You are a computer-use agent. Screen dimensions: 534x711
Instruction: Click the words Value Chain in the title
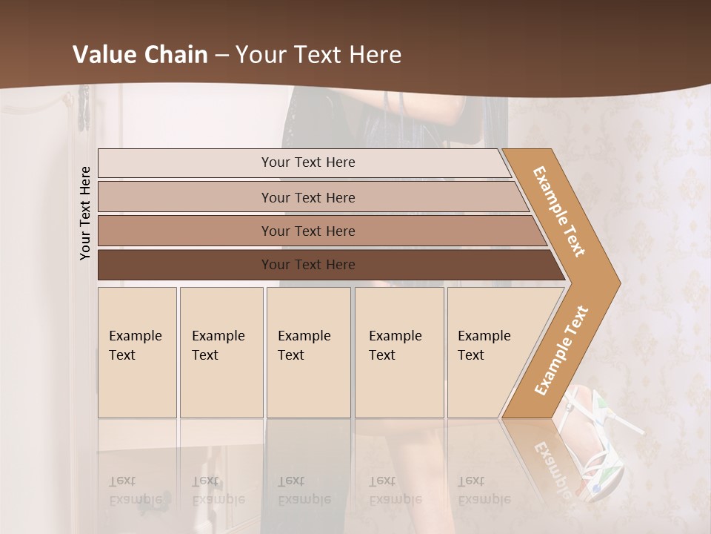tap(140, 55)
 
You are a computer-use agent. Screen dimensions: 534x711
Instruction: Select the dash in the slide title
tap(221, 56)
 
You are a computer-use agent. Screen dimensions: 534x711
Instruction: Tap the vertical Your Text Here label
tap(85, 213)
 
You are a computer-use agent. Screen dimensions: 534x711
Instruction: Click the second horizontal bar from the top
tap(307, 197)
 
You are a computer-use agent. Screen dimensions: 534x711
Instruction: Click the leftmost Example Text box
tap(137, 352)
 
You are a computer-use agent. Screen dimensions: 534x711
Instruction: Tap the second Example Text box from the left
tap(221, 352)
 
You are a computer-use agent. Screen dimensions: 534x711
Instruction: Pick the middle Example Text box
tap(308, 352)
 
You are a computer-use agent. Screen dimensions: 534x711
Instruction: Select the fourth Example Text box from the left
tap(399, 352)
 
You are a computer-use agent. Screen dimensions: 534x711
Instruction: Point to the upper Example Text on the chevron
tap(559, 211)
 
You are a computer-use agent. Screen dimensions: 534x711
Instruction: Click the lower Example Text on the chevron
tap(561, 350)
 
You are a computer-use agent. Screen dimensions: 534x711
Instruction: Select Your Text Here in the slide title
tap(318, 55)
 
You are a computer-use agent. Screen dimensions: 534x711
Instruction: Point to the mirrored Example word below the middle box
tap(304, 499)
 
